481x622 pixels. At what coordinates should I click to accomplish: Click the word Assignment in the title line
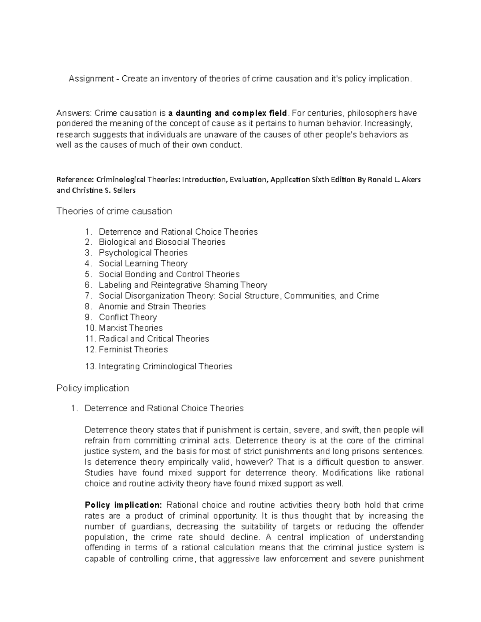coord(91,79)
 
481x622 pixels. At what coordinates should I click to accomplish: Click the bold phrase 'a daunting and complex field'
coord(228,113)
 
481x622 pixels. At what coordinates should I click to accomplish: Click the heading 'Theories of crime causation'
coord(114,211)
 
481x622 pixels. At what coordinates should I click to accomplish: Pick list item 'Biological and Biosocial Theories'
coord(162,242)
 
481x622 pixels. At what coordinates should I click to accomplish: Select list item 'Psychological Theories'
coord(143,253)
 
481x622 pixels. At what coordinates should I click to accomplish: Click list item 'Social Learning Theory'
coord(143,264)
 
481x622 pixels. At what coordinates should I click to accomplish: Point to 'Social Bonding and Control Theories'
coord(169,274)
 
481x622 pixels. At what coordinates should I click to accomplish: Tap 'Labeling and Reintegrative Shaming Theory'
coord(183,285)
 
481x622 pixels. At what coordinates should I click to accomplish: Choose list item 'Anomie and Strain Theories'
coord(152,306)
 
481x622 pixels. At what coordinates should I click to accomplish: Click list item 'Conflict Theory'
coord(128,317)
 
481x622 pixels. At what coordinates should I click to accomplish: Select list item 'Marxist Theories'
coord(131,328)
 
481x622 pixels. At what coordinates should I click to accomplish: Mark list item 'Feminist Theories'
coord(133,350)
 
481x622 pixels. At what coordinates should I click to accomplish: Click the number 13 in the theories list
coord(90,366)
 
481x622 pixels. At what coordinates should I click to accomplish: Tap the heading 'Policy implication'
coord(93,388)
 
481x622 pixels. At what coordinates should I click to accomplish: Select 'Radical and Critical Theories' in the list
coord(154,339)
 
